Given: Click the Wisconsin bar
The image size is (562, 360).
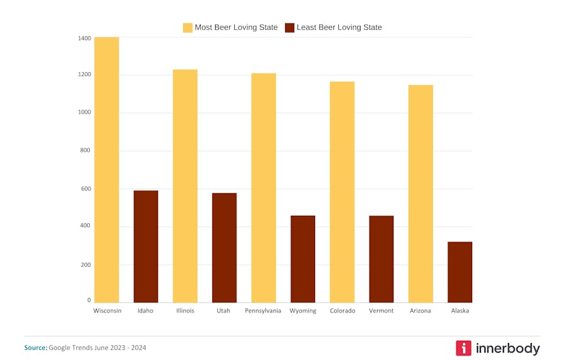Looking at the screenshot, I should [x=107, y=170].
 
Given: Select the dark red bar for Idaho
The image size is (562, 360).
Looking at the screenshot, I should [x=146, y=246].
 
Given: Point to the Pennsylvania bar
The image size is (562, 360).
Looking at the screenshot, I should [x=263, y=188].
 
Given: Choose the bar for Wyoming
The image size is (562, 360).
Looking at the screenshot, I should [x=303, y=259].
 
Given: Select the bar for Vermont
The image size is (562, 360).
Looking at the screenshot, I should [x=381, y=259].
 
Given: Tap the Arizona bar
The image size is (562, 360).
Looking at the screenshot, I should [x=420, y=194].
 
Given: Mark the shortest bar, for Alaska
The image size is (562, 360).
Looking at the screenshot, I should [x=460, y=272].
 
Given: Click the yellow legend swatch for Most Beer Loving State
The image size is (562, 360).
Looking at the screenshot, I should [x=188, y=28].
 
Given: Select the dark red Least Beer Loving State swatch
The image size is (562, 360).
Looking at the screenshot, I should [x=290, y=28].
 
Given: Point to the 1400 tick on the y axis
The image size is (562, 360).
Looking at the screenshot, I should [x=84, y=39].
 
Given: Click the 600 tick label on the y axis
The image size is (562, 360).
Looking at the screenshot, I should [x=85, y=189].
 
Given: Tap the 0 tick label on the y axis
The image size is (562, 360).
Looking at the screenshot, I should [x=88, y=300].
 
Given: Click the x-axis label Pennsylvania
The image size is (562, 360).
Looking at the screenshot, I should [x=263, y=311].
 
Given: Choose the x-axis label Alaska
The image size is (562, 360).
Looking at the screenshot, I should [x=460, y=311].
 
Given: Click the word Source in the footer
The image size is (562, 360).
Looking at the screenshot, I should [x=35, y=348].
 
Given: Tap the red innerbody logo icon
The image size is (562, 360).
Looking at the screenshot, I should [x=463, y=348].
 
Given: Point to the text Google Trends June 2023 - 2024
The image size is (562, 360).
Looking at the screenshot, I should [x=97, y=348].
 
